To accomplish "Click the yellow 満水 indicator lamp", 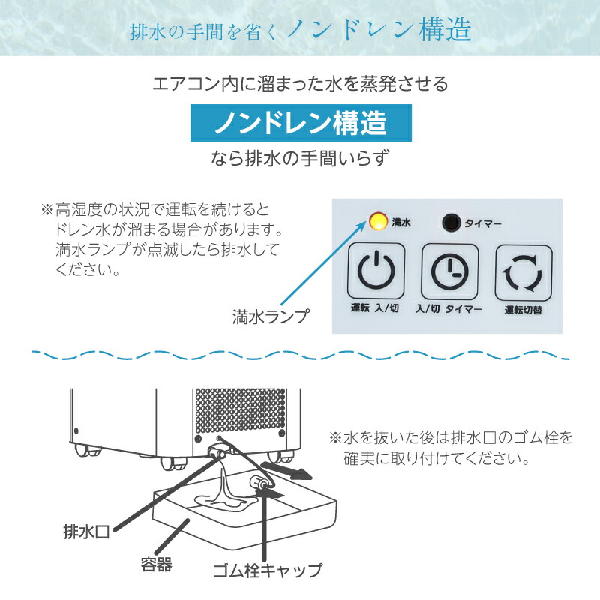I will tap(377, 222).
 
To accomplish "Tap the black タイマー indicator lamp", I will tap(450, 222).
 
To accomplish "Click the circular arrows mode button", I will tap(522, 272).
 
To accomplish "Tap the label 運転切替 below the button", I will tap(522, 309).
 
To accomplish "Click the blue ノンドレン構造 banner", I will tap(300, 123).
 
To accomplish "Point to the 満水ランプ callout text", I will tap(271, 316).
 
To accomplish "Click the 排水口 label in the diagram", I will tap(86, 532).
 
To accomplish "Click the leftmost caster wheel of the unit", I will tap(82, 451).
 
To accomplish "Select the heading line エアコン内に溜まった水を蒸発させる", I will tap(300, 83).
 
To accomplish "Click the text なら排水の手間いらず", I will tap(300, 158).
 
